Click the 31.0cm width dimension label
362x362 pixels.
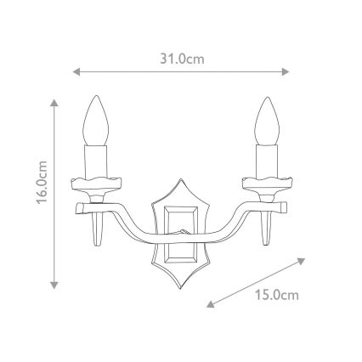(x=182, y=59)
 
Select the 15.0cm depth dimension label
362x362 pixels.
(x=277, y=295)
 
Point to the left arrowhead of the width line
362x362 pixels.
(x=77, y=72)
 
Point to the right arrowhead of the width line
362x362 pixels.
(x=286, y=72)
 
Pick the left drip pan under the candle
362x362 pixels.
(x=95, y=182)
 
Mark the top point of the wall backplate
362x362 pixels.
(x=180, y=180)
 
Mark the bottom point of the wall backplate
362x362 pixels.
(x=180, y=284)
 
